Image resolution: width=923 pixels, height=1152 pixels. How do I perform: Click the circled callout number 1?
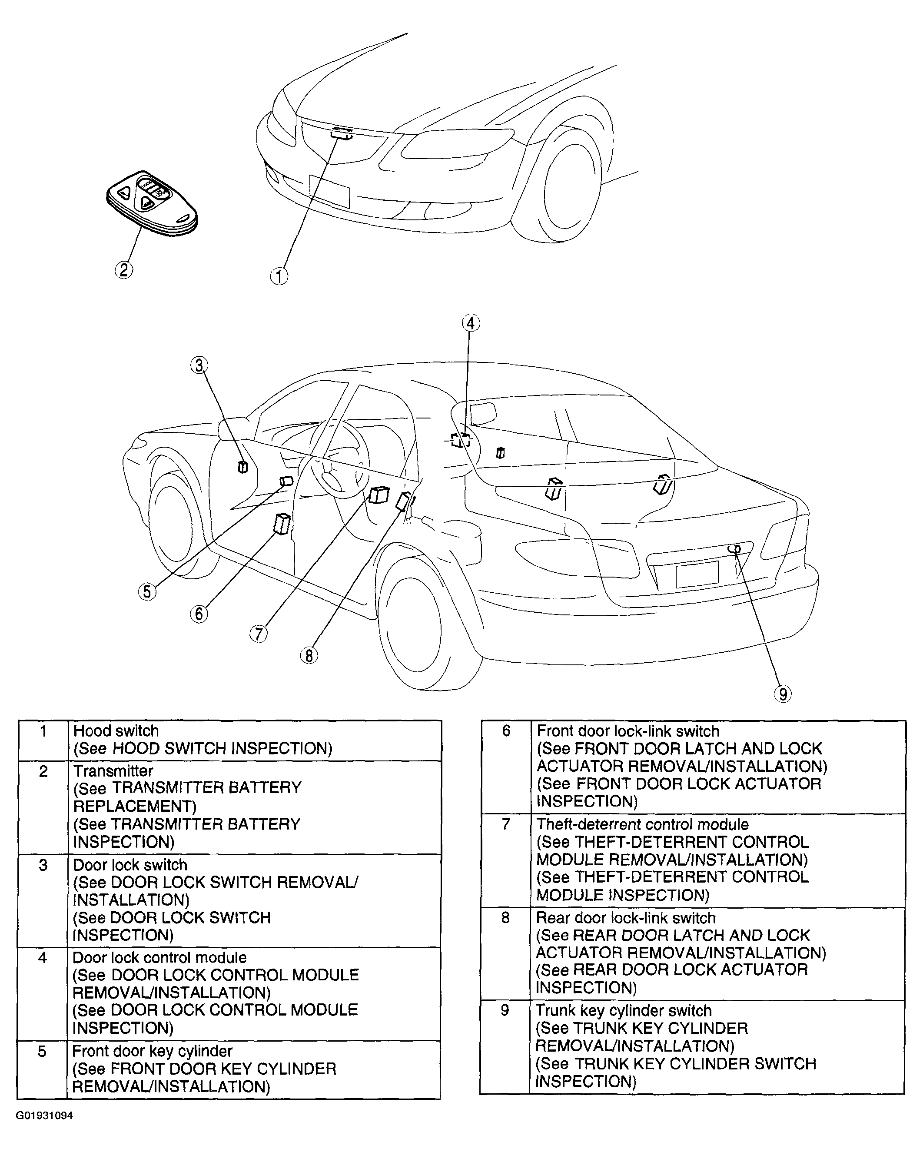[x=279, y=276]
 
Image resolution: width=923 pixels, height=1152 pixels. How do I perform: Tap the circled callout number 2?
[x=123, y=270]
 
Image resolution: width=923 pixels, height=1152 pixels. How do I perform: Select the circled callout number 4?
[x=470, y=323]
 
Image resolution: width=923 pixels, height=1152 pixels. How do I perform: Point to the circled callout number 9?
[x=783, y=694]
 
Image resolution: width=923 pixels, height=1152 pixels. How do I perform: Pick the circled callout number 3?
[x=199, y=365]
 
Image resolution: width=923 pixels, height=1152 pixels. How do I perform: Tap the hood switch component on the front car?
[x=342, y=133]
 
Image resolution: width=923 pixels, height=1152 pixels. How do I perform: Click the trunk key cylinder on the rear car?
[x=734, y=549]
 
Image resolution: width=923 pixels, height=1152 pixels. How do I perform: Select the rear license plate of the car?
[x=697, y=574]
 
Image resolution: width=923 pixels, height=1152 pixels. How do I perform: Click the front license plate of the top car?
[x=329, y=191]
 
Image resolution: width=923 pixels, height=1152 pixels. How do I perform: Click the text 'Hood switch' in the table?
[x=116, y=731]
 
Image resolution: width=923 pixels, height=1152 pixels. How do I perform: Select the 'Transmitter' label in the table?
[x=113, y=771]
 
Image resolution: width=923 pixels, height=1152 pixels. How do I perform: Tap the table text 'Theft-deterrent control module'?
[x=642, y=824]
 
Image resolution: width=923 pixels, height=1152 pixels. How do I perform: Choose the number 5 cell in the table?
[x=42, y=1052]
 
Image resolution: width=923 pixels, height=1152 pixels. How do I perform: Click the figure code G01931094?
[x=44, y=1115]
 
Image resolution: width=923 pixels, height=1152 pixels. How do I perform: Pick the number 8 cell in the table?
[x=505, y=918]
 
